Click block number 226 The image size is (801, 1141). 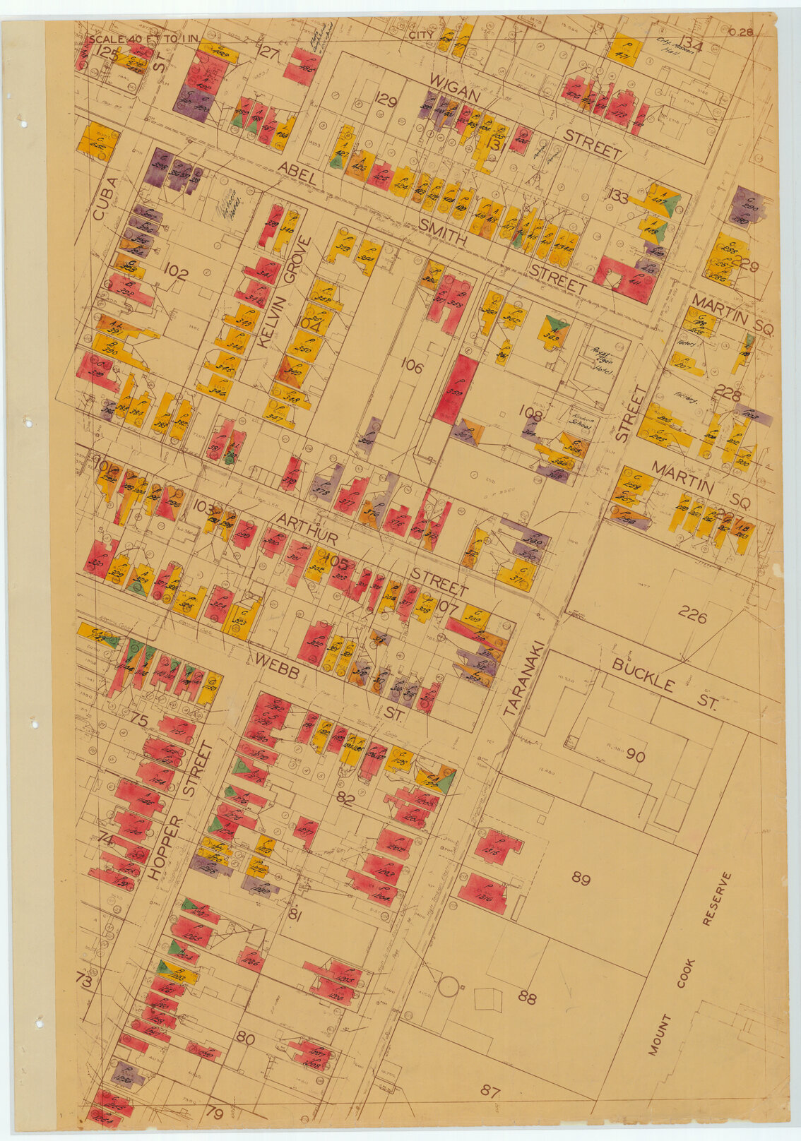click(692, 615)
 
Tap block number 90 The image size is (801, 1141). click(635, 756)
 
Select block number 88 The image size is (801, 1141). click(527, 998)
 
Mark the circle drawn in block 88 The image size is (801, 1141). click(446, 985)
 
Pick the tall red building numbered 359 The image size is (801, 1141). click(455, 390)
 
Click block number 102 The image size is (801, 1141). click(175, 273)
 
